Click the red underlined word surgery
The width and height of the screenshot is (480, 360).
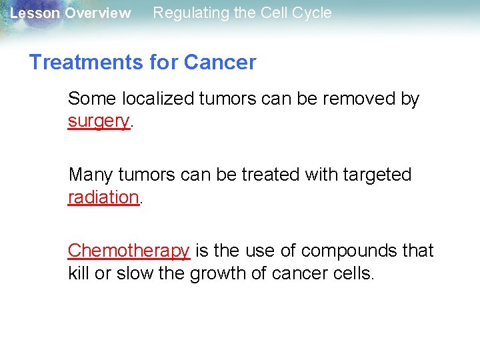[98, 121]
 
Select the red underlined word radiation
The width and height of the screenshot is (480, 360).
[103, 197]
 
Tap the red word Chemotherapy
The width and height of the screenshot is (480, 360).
[129, 251]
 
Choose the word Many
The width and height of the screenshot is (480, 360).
[91, 175]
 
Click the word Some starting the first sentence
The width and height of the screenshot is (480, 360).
[92, 99]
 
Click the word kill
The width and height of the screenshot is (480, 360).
[79, 273]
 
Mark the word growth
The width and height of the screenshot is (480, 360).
[217, 273]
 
